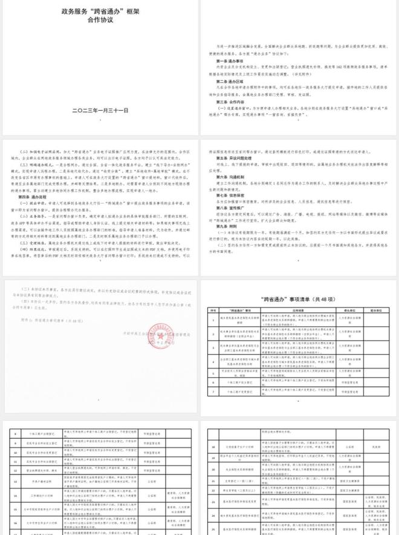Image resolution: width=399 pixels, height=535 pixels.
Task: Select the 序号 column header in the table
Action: point(212,309)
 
